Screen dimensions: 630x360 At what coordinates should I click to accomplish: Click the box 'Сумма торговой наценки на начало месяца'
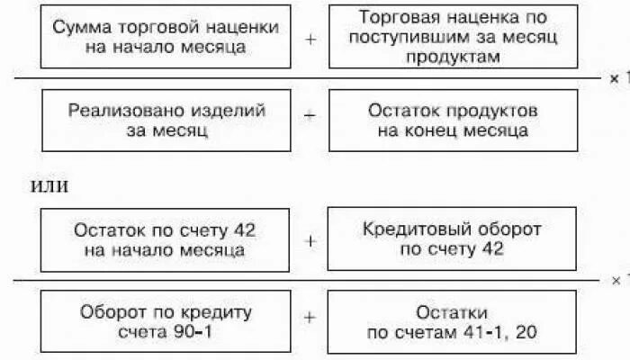[x=166, y=37]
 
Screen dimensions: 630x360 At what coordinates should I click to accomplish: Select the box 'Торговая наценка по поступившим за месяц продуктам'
[x=454, y=37]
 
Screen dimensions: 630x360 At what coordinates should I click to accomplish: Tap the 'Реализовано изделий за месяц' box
[x=166, y=121]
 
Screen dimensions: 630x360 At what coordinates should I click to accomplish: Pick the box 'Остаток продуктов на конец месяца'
[x=454, y=121]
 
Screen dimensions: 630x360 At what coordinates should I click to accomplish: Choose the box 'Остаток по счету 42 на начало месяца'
[x=166, y=239]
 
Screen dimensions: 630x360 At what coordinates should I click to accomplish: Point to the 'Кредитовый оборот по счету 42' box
[x=454, y=239]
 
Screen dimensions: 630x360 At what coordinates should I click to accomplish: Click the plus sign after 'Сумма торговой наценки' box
[x=310, y=39]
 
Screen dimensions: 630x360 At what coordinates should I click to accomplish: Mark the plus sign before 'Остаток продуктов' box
[x=310, y=117]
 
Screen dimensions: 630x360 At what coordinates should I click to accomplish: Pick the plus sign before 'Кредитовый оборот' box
[x=310, y=240]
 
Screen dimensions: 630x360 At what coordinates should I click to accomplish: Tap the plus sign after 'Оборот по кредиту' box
[x=310, y=318]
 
